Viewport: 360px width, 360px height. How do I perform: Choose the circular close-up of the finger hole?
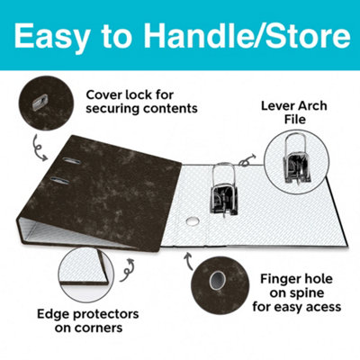coord(217,285)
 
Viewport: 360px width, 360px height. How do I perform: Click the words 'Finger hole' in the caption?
coord(301,279)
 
